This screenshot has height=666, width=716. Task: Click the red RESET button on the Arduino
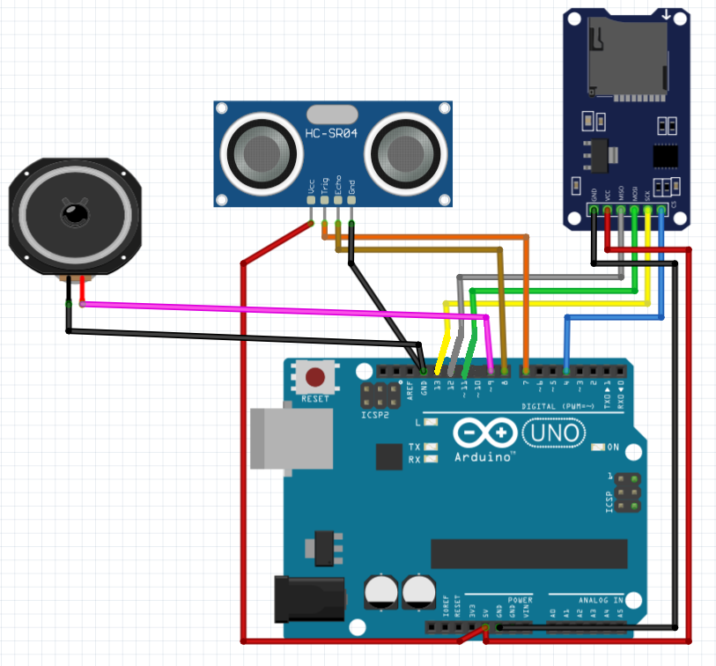[314, 379]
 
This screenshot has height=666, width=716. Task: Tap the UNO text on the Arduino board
[553, 433]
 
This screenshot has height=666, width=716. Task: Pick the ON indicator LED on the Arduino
[599, 448]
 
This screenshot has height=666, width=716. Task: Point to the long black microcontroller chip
[528, 554]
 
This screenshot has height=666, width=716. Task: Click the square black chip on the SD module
[666, 156]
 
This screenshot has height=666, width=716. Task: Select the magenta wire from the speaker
[282, 310]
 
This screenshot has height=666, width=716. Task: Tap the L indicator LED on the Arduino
[431, 423]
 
